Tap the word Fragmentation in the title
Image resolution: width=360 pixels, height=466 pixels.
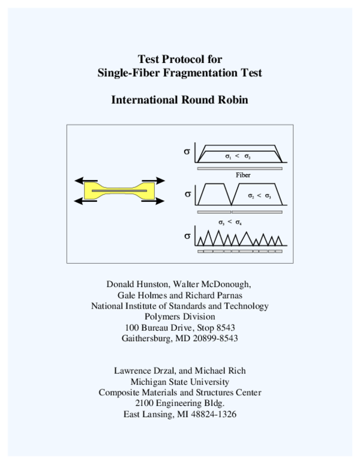pos(196,73)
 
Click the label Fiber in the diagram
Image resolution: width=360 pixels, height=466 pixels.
pos(242,175)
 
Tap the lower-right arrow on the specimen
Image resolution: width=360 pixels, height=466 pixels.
pos(154,201)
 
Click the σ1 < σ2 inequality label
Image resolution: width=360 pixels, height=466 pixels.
pos(238,156)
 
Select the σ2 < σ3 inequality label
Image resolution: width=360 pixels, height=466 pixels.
pos(259,196)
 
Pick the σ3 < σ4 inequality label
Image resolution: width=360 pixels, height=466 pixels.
pos(230,222)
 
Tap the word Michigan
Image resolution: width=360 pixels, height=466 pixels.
pos(149,381)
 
